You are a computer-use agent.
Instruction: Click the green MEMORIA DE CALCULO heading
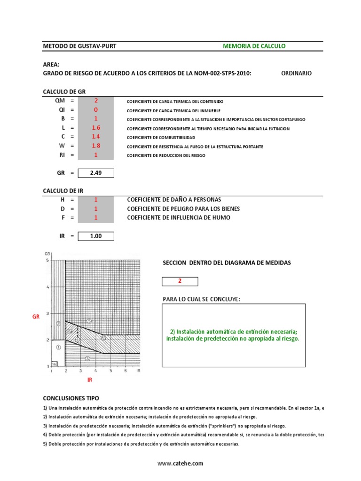254,46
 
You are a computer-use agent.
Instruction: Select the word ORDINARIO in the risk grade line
296,73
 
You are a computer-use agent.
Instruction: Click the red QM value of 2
96,101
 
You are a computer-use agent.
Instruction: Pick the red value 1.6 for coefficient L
96,128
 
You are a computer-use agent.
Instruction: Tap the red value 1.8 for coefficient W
96,146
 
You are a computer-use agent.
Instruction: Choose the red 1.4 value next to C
96,137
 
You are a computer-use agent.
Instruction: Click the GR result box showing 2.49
96,173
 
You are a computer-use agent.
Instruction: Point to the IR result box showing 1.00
96,236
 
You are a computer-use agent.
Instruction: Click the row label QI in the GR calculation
61,110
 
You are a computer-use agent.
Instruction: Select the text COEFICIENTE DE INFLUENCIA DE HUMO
179,218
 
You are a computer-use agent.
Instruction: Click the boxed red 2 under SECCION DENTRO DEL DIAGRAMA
180,281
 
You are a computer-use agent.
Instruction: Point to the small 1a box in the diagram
54,364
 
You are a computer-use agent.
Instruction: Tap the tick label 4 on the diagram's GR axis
47,287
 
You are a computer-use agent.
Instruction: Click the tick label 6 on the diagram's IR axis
125,371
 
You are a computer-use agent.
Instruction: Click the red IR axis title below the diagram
90,380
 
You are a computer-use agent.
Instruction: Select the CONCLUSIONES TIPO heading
71,398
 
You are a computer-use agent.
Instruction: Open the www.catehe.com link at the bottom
180,463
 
